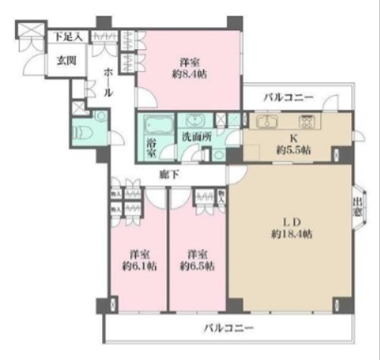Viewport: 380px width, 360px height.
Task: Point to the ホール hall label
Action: pyautogui.click(x=107, y=81)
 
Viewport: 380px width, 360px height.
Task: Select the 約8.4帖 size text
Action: pyautogui.click(x=188, y=73)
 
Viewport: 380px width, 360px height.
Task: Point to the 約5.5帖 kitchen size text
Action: pyautogui.click(x=295, y=148)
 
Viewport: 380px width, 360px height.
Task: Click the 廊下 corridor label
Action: pyautogui.click(x=169, y=174)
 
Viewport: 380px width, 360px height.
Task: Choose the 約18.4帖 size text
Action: pyautogui.click(x=292, y=234)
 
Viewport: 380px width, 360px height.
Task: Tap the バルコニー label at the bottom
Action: pyautogui.click(x=227, y=328)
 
